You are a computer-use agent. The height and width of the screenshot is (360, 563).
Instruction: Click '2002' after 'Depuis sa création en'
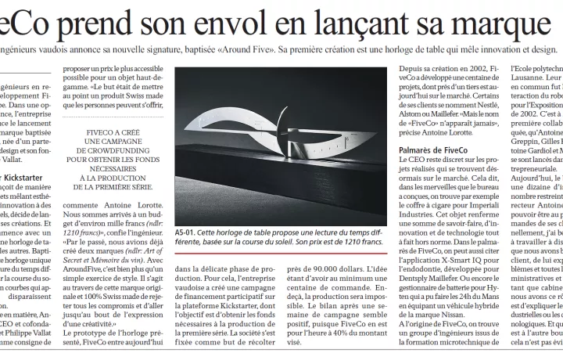[x=478, y=69]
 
